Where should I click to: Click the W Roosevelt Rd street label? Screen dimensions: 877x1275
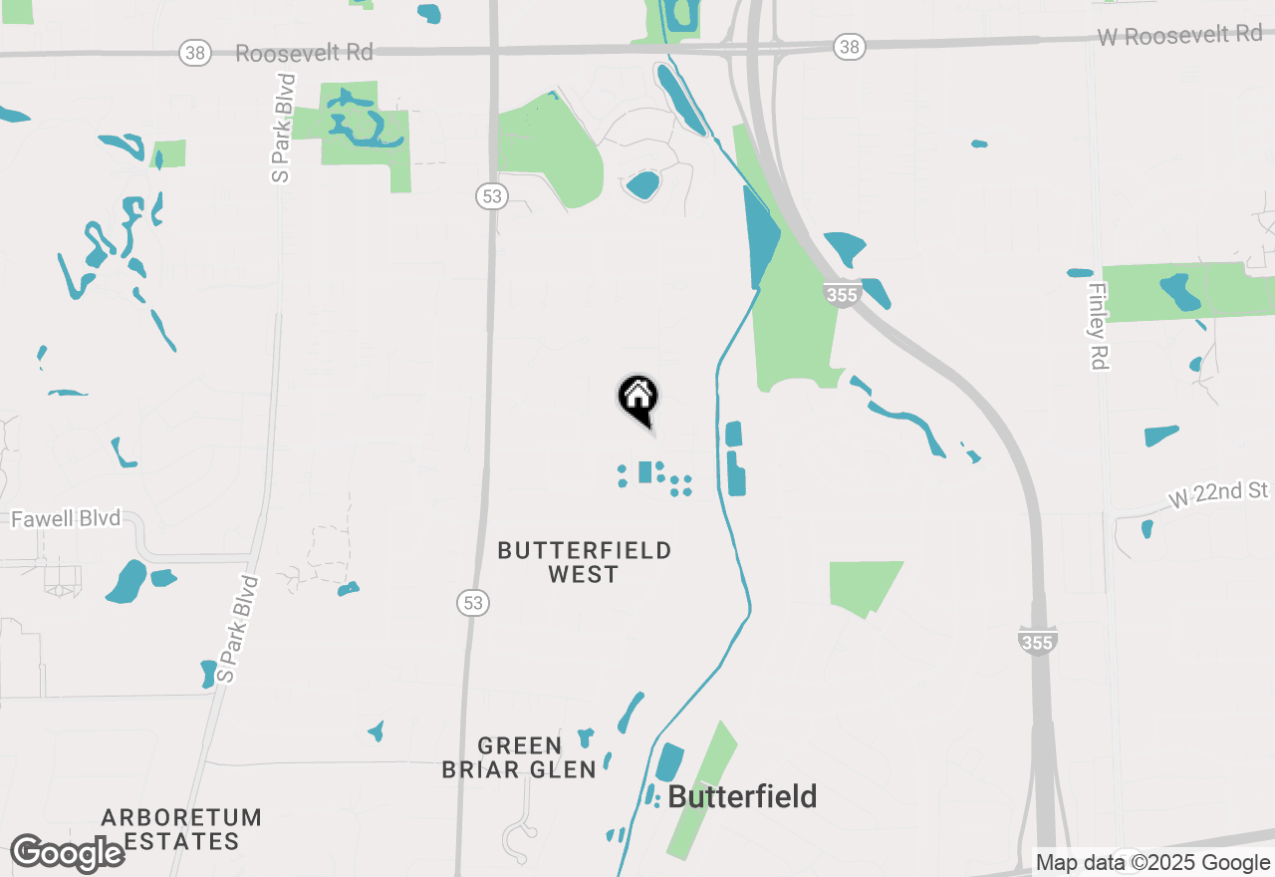(x=1179, y=35)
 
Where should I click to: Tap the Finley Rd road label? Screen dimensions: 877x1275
(x=1098, y=326)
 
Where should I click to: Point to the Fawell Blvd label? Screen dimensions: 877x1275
(x=66, y=518)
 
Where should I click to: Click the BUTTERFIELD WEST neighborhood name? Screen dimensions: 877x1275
(x=584, y=562)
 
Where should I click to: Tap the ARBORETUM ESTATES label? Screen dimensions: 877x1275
(x=181, y=829)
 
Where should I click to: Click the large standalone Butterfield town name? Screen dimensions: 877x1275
(x=742, y=796)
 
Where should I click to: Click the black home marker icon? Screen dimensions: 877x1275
(x=637, y=399)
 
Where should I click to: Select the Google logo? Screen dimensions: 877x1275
(x=67, y=853)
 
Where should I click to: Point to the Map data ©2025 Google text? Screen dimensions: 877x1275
(x=1152, y=863)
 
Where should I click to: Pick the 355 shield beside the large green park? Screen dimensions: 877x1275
(x=842, y=294)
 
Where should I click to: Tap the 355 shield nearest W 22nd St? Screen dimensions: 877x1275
(x=1037, y=642)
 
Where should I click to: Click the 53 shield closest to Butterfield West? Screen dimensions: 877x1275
(x=473, y=602)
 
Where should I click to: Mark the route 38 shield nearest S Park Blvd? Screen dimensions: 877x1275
(x=195, y=53)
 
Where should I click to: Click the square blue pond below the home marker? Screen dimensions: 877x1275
(x=644, y=471)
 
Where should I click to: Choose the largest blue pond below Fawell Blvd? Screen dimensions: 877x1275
(x=127, y=582)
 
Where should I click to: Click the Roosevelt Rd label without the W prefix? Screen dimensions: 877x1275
(x=304, y=52)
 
